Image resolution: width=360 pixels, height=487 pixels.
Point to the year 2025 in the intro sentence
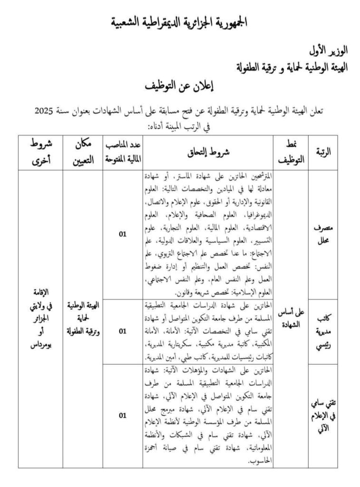click(46, 111)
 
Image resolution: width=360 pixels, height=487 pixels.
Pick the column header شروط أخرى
click(40, 152)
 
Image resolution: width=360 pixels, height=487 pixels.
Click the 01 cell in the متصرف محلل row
click(123, 234)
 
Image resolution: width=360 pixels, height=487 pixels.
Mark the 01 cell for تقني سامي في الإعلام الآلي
click(123, 415)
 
